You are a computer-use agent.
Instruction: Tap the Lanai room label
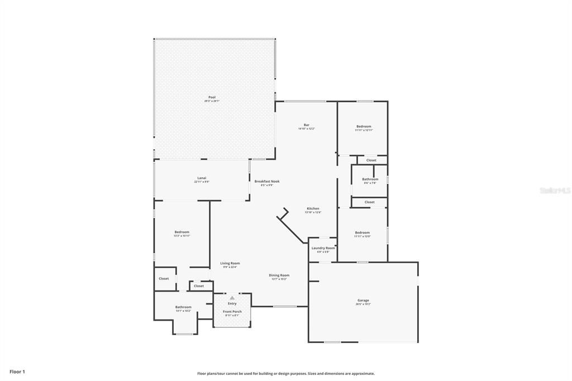click(202, 179)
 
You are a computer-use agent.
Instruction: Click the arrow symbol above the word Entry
click(232, 298)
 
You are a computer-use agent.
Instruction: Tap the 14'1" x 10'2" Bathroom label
click(183, 308)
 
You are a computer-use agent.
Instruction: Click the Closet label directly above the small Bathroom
click(371, 160)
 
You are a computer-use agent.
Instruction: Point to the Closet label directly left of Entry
click(199, 286)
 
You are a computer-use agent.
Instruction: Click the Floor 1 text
click(17, 372)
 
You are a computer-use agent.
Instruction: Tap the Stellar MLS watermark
click(555, 190)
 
